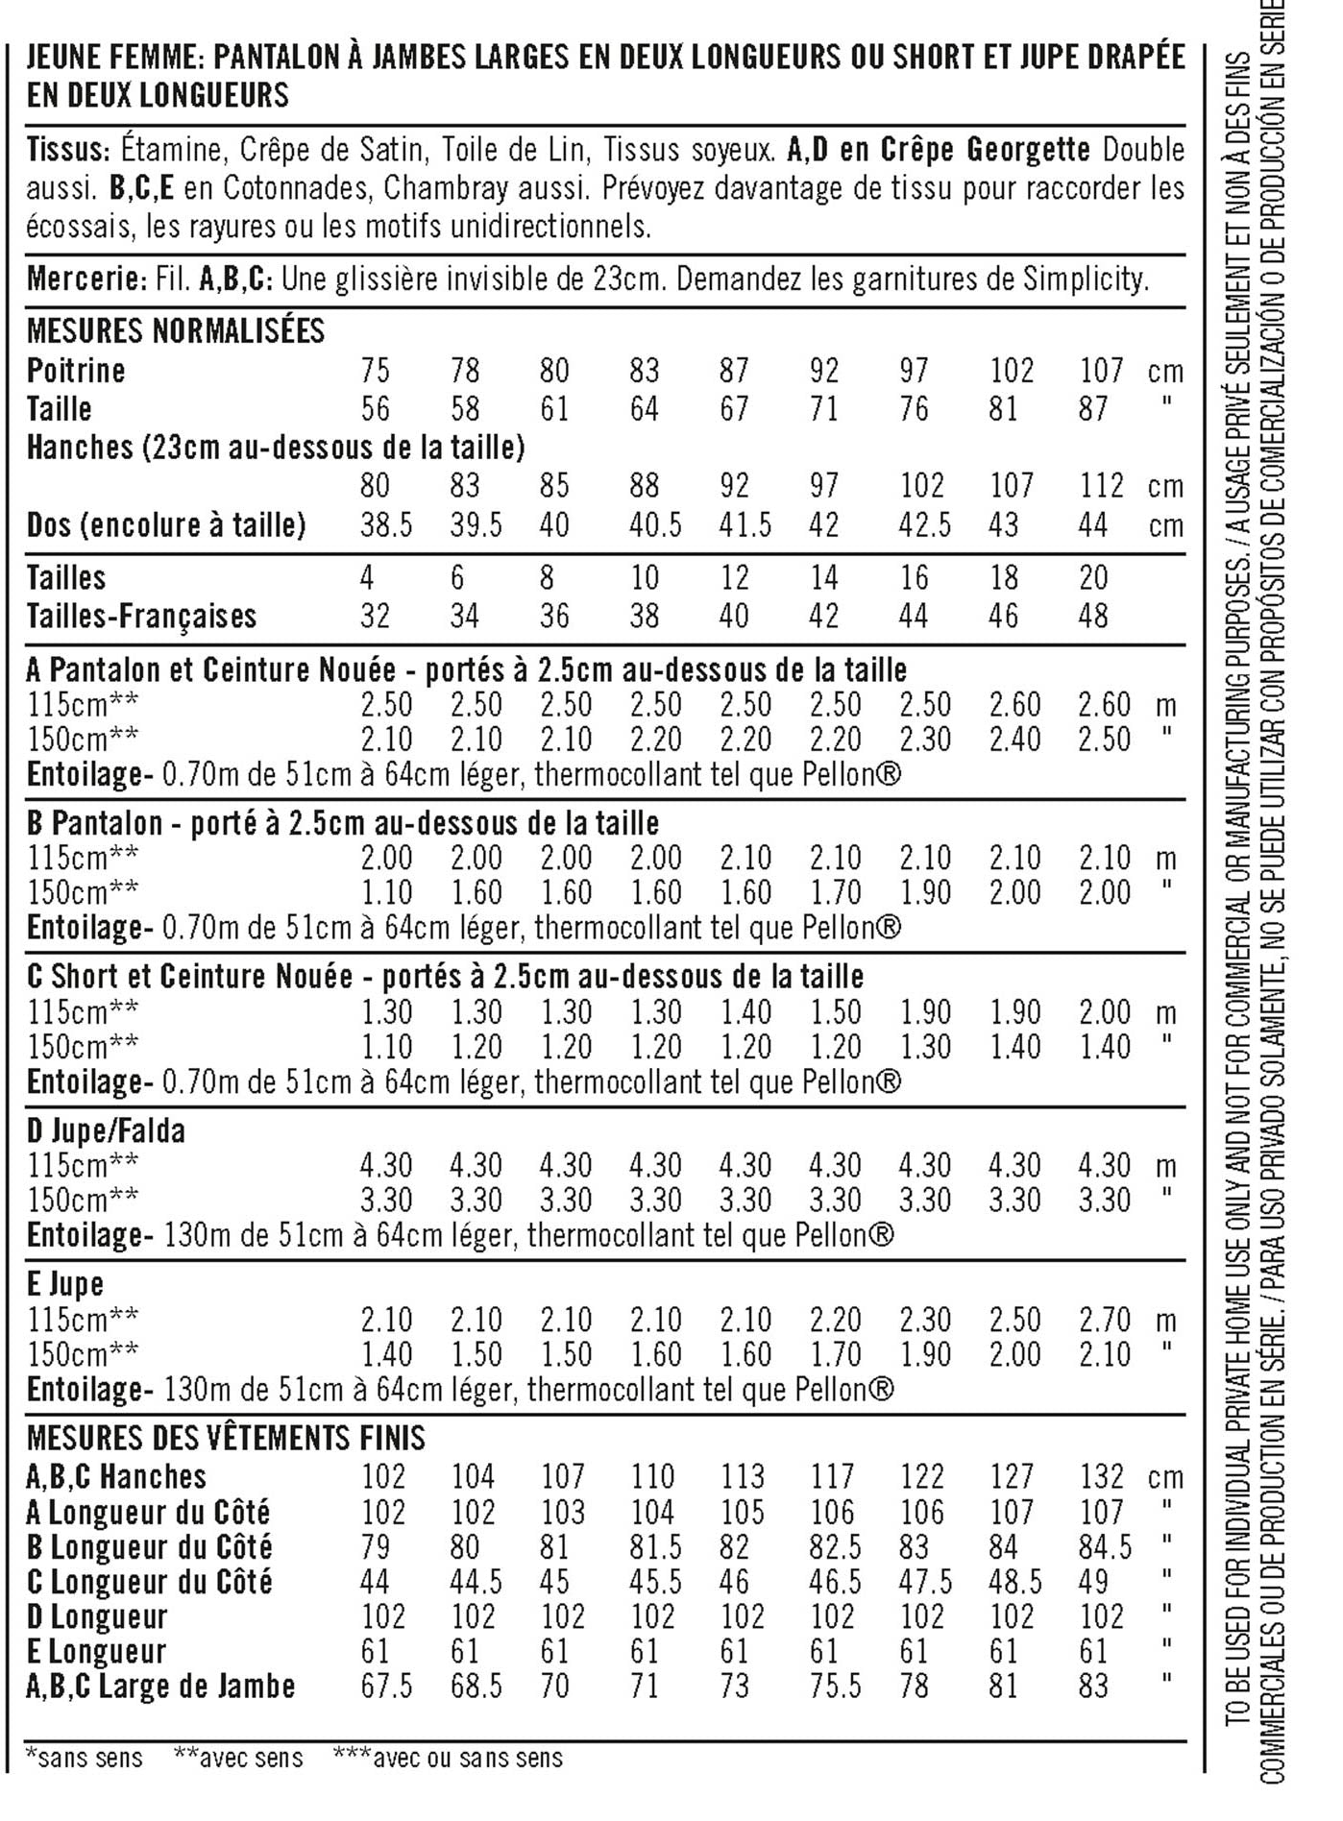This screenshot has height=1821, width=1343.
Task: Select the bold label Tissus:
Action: tap(65, 151)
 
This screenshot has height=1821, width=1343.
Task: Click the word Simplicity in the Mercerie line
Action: tap(1084, 279)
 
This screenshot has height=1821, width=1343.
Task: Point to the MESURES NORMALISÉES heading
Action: tap(176, 331)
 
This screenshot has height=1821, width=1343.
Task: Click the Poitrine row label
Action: tap(76, 371)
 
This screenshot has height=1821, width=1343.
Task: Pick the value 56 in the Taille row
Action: tap(375, 409)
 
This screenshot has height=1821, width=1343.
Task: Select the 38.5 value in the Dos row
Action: tap(386, 525)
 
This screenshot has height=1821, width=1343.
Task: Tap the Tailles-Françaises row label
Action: tap(141, 616)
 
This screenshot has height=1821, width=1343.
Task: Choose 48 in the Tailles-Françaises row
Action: tap(1093, 616)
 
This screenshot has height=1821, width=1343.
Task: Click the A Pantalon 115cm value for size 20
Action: tap(1104, 705)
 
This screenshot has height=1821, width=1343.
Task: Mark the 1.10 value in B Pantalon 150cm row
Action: tap(386, 893)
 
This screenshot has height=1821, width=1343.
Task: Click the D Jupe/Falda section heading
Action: tap(106, 1131)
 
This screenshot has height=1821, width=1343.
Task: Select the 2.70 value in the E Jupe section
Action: tap(1104, 1320)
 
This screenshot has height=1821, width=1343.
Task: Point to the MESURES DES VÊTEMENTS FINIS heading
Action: tap(226, 1439)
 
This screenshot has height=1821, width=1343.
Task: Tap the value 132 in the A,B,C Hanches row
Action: tap(1102, 1476)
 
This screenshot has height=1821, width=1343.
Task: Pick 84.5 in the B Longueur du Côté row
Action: tap(1104, 1547)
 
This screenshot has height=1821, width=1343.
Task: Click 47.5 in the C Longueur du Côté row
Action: tap(925, 1582)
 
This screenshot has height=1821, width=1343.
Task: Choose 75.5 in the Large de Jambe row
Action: tap(834, 1687)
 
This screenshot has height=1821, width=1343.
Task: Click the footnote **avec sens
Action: tap(238, 1759)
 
